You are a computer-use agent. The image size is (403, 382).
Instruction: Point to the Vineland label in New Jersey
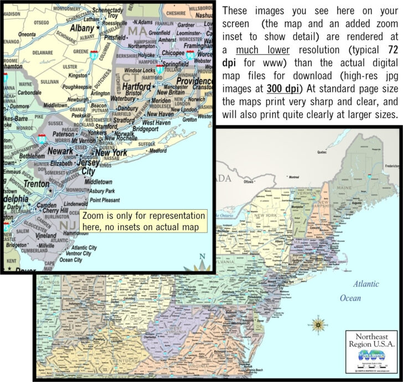tap(45, 235)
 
